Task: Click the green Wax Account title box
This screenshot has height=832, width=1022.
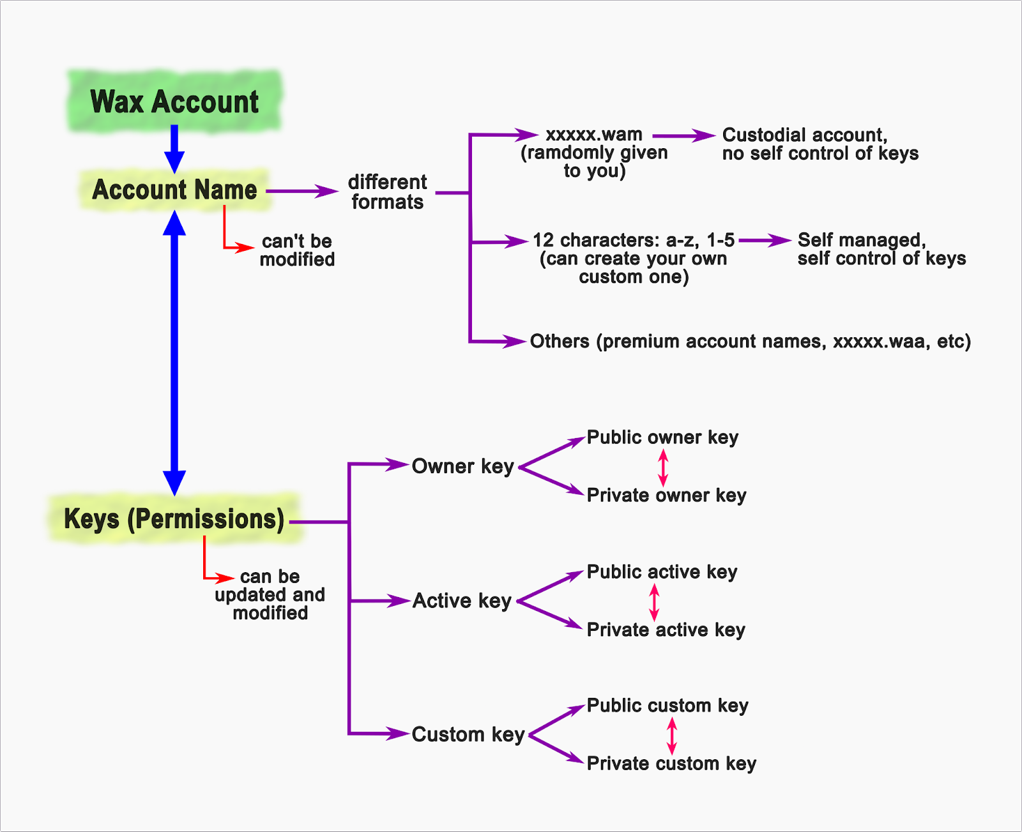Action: point(174,102)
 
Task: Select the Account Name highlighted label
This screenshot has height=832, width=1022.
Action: point(174,190)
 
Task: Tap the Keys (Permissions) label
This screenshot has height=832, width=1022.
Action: point(174,519)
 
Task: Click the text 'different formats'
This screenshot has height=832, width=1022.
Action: point(387,192)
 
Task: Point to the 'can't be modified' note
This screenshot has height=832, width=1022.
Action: point(297,250)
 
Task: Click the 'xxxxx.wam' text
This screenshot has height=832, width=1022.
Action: point(594,135)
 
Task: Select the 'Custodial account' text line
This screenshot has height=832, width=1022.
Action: point(804,135)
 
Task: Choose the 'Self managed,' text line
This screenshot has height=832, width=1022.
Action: point(861,240)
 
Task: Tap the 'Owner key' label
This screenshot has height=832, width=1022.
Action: point(462,467)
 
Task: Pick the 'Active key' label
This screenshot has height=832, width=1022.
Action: point(462,601)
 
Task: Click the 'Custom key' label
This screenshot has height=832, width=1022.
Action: point(468,735)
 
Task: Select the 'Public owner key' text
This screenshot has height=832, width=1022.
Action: point(662,437)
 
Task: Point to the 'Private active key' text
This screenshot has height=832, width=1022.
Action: point(666,630)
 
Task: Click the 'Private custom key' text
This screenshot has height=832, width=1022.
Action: point(671,764)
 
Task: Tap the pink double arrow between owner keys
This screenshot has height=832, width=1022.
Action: point(663,467)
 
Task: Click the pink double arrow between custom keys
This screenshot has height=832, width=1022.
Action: point(671,735)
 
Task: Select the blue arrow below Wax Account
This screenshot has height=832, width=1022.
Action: point(174,148)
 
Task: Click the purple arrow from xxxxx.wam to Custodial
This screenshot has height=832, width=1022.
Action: point(683,136)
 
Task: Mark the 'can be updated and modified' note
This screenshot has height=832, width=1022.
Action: point(270,595)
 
